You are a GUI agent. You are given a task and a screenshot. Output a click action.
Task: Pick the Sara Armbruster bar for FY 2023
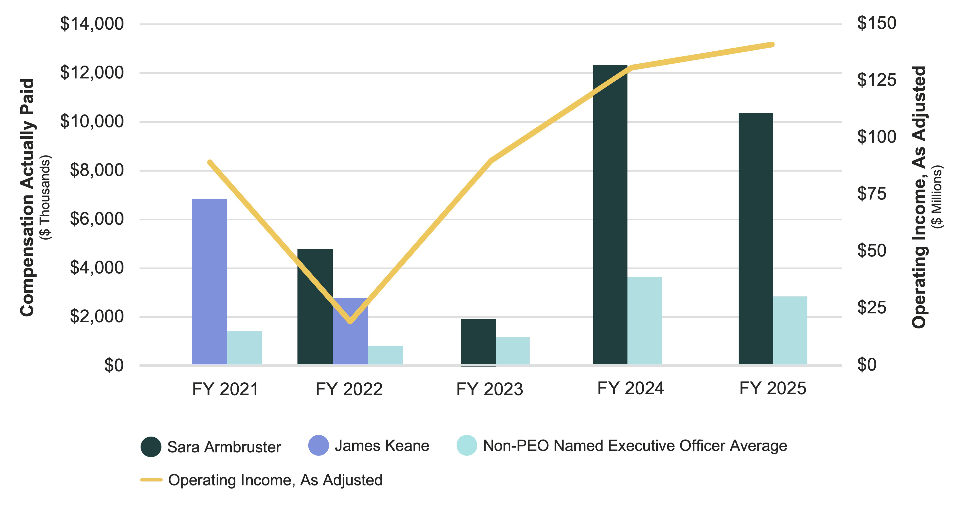click(478, 342)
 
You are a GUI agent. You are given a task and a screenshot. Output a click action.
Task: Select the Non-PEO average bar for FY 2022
click(385, 355)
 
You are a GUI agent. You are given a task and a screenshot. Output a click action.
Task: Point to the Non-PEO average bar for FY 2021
click(244, 348)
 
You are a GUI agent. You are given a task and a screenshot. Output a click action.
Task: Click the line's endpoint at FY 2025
click(772, 45)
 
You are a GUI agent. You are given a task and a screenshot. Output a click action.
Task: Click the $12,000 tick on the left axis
click(92, 72)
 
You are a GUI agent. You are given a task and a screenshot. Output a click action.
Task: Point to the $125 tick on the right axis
click(876, 80)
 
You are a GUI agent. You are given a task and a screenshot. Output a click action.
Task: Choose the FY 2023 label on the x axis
click(489, 389)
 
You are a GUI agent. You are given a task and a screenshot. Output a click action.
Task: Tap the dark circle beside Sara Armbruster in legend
click(151, 447)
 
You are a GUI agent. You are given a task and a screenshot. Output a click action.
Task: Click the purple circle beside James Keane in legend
click(318, 445)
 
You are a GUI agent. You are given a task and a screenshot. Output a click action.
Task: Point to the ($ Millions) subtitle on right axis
click(938, 197)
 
